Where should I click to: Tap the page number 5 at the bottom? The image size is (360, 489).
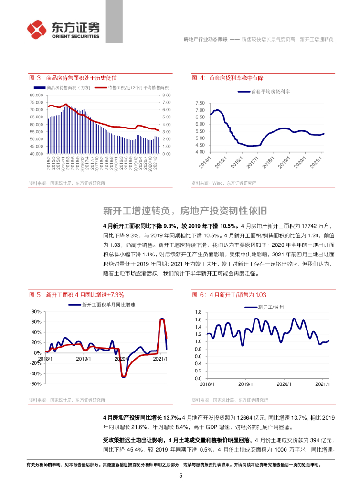point(180,476)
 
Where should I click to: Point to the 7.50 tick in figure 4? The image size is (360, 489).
point(200,103)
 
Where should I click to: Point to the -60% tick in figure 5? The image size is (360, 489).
point(36,383)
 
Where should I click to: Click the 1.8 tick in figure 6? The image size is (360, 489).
point(199,312)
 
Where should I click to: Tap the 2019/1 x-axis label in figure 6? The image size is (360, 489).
point(245,383)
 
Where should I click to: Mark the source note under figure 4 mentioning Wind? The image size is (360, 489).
point(223,183)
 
